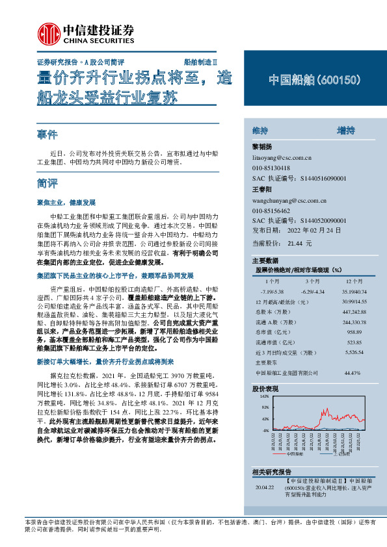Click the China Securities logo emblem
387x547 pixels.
(47, 32)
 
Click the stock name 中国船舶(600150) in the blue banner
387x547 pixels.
(314, 80)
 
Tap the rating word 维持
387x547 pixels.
(260, 131)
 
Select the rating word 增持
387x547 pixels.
(345, 131)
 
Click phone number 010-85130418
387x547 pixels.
(271, 168)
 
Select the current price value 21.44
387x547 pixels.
(295, 242)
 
